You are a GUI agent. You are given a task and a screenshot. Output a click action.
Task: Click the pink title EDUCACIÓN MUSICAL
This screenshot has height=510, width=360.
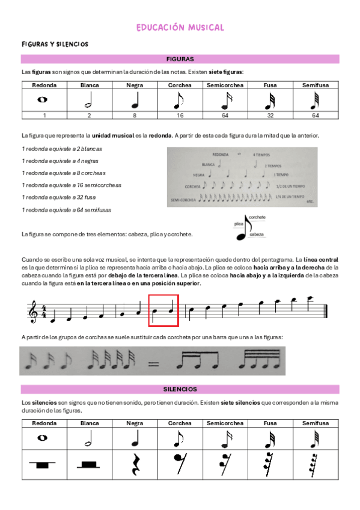180,28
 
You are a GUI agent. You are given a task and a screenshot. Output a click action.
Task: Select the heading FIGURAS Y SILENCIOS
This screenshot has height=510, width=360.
55,45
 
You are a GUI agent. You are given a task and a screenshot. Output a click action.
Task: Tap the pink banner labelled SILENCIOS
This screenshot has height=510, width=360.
180,389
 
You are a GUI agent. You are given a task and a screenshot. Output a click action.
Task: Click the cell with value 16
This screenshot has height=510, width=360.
180,115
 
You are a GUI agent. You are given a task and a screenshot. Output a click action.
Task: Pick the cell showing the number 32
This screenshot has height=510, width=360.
270,115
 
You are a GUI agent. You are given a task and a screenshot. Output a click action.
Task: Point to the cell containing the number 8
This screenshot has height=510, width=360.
135,115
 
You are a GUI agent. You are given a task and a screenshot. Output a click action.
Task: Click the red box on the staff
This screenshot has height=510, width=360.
163,309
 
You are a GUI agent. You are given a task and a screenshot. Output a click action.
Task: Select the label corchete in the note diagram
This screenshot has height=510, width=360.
257,217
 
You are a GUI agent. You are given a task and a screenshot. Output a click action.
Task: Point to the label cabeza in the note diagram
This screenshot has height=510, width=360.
257,234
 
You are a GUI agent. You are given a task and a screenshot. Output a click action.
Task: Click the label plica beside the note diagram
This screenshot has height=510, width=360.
239,223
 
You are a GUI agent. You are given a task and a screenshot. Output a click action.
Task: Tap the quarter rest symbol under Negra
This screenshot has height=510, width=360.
135,465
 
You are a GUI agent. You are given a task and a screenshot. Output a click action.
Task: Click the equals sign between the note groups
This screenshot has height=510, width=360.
153,363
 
